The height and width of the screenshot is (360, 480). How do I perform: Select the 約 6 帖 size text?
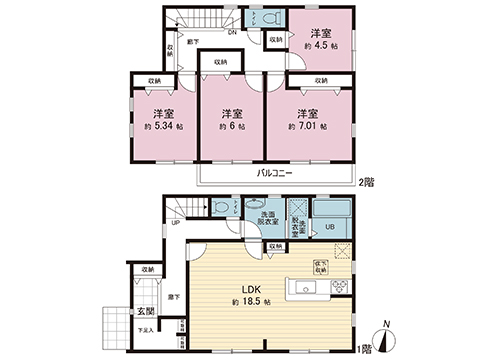click(229, 127)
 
